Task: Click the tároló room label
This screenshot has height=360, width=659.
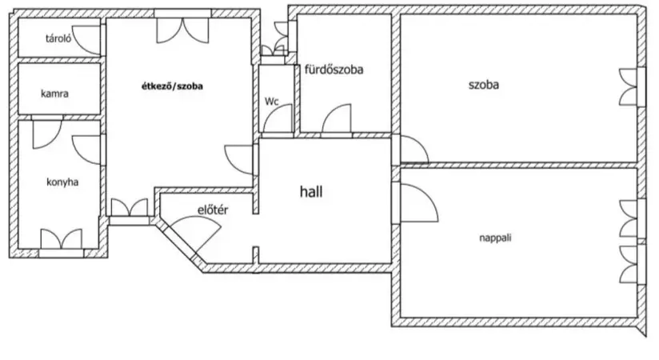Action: click(58, 38)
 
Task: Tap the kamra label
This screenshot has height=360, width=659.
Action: click(54, 94)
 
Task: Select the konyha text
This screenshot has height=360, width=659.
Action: click(62, 182)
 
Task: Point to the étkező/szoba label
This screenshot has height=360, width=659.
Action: click(172, 86)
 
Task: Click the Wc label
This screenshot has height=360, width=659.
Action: click(271, 102)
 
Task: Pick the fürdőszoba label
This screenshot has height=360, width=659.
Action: click(333, 70)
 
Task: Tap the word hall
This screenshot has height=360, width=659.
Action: click(311, 192)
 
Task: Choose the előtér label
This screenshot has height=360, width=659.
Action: click(213, 210)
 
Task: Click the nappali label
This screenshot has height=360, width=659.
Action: click(496, 238)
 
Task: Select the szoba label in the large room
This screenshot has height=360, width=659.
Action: click(484, 85)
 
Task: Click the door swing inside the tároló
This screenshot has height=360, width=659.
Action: click(86, 39)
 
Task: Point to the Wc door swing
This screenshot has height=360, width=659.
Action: click(278, 118)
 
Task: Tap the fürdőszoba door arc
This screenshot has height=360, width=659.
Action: click(336, 118)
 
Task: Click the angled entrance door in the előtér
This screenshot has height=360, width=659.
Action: click(195, 234)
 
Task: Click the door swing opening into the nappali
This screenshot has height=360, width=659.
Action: click(418, 202)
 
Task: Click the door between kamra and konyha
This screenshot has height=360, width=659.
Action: click(47, 134)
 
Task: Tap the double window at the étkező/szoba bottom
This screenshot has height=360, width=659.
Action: click(130, 207)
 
